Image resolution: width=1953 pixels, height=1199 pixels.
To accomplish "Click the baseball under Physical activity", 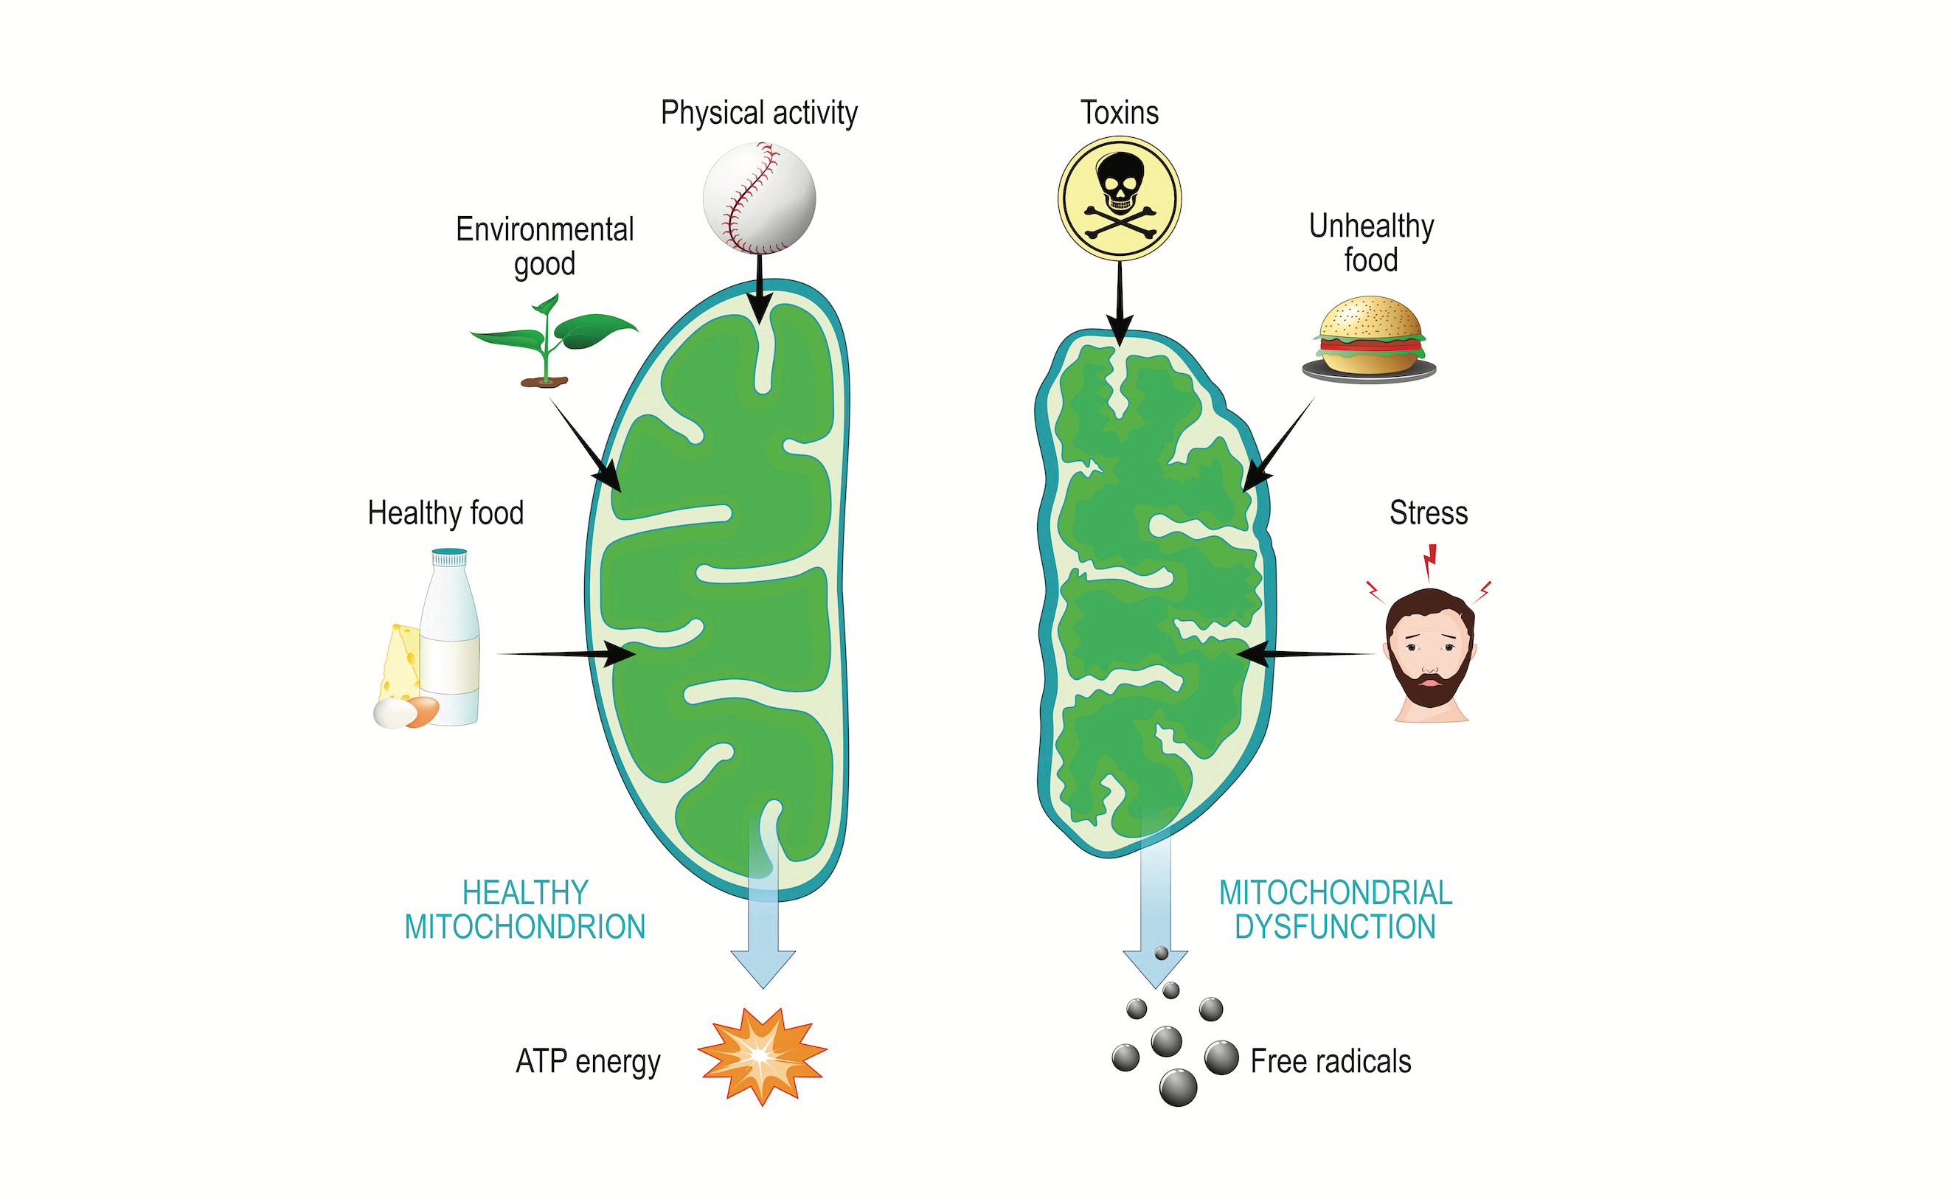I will coord(759,198).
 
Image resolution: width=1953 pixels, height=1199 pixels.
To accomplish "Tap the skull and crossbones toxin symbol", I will coord(1119,198).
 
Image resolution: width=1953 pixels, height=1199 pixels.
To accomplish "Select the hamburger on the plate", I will coord(1370,338).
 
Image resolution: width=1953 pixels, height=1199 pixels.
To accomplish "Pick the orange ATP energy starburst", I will coord(762,1055).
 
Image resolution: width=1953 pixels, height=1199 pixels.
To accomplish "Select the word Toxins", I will coord(1119,113).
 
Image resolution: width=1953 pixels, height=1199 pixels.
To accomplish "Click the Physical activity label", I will coord(759,114).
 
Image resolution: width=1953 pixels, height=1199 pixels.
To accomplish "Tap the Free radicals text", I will coord(1331,1061).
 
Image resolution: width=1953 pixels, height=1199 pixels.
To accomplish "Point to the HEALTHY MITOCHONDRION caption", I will coord(525,909).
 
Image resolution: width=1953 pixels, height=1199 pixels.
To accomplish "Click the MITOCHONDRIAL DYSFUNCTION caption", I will coord(1335,909).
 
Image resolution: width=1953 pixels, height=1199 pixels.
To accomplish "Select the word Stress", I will coord(1428,513).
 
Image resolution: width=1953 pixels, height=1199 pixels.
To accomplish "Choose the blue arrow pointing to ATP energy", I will coord(763,936).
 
